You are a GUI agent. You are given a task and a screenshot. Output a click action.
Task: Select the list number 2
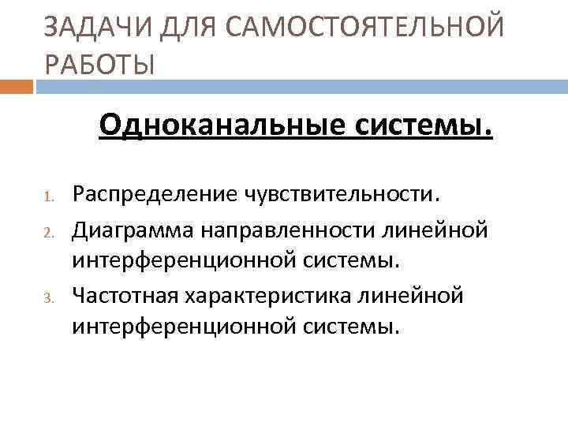[x=47, y=232]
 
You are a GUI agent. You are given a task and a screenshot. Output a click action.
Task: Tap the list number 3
[x=47, y=298]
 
